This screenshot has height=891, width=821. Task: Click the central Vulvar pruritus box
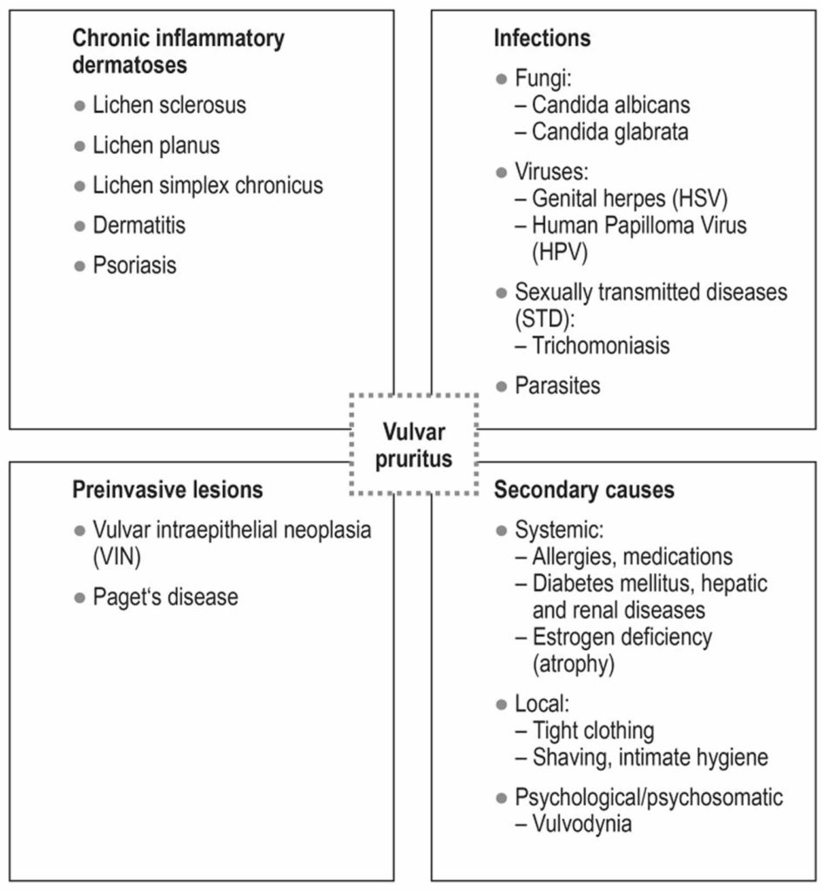(x=414, y=444)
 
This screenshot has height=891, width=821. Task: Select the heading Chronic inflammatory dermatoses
(x=178, y=51)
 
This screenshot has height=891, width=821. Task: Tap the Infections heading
(x=542, y=38)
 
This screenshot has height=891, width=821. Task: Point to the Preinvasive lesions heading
(x=167, y=490)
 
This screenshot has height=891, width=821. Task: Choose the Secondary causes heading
(x=584, y=490)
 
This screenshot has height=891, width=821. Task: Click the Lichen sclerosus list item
(x=169, y=105)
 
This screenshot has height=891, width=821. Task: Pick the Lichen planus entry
(x=156, y=145)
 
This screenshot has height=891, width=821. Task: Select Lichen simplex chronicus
(x=207, y=185)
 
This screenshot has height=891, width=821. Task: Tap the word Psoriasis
(x=134, y=265)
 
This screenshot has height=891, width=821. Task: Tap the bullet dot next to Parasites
(x=501, y=385)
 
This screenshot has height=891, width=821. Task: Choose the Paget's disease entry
(x=165, y=597)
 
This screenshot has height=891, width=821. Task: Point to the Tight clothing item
(x=593, y=730)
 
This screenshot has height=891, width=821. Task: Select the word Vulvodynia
(x=582, y=822)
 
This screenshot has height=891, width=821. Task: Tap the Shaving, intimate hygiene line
(x=649, y=757)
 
